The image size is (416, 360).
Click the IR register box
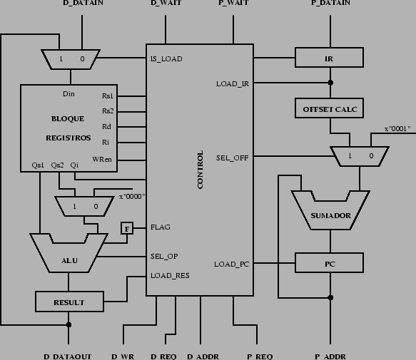(330, 58)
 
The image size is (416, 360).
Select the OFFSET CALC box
(330, 109)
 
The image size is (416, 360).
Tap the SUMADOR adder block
(330, 215)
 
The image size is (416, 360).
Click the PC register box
(330, 264)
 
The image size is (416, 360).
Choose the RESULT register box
(69, 302)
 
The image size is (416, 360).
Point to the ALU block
(69, 261)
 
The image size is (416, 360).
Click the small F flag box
(127, 228)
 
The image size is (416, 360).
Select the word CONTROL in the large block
(201, 170)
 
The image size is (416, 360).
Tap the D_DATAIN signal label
(83, 4)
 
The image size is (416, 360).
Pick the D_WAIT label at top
(165, 4)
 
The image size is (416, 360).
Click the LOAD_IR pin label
(233, 84)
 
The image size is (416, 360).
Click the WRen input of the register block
(103, 158)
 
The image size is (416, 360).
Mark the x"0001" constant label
(400, 129)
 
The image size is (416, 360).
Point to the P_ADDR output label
(331, 355)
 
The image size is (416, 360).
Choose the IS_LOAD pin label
(166, 58)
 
